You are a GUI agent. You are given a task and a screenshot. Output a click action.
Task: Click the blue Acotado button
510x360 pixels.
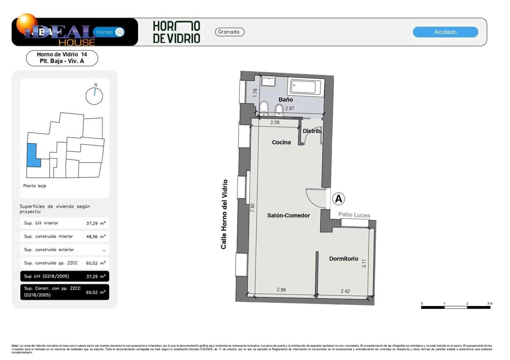click(445, 32)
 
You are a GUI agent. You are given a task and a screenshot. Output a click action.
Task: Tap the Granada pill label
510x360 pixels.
click(229, 32)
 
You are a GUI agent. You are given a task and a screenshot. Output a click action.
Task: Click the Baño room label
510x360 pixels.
click(286, 99)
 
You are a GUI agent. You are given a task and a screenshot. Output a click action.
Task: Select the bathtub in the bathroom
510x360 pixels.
click(306, 87)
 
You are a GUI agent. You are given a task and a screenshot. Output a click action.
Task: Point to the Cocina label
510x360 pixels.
click(281, 142)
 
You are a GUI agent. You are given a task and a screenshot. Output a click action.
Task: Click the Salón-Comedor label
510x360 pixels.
click(288, 215)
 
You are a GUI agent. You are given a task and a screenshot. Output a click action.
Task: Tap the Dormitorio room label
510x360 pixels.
click(344, 259)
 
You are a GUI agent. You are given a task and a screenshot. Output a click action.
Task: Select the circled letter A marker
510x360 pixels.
click(338, 199)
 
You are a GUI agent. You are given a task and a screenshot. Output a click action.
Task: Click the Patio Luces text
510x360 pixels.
click(354, 215)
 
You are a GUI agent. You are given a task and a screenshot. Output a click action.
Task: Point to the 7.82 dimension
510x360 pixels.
click(252, 208)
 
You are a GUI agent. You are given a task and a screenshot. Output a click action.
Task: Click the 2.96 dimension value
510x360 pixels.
click(281, 290)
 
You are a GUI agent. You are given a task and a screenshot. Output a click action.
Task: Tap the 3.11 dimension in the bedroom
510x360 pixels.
click(364, 263)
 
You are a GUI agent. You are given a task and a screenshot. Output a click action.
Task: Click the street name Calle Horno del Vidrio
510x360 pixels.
click(224, 214)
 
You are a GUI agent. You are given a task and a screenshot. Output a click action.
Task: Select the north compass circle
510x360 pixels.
click(94, 96)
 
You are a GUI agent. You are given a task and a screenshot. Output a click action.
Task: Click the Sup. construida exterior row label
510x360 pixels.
click(49, 250)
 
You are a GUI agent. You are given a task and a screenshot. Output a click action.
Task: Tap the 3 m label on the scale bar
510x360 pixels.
click(490, 303)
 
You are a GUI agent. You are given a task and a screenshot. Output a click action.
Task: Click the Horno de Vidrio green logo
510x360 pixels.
click(176, 32)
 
